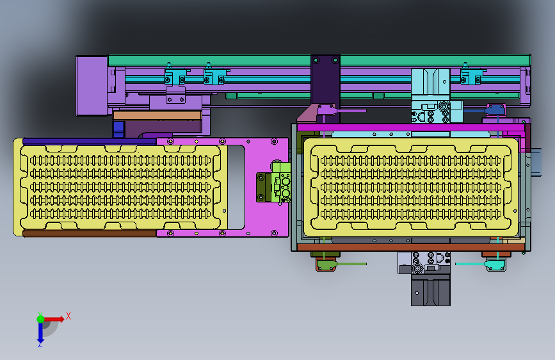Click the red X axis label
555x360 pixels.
point(68,316)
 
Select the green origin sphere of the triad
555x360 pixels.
point(41,319)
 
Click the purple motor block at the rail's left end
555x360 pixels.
point(92,86)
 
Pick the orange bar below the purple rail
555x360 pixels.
point(157,115)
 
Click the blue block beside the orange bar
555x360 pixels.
point(118,129)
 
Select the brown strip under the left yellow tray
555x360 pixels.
point(90,233)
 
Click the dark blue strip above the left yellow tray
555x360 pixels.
point(89,142)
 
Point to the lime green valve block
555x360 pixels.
point(282,182)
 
